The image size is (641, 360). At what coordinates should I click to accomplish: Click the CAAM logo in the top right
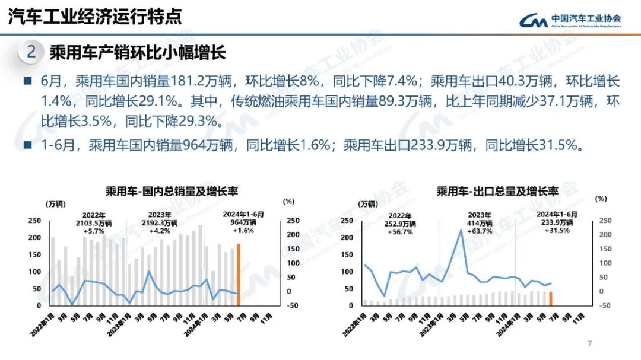570,20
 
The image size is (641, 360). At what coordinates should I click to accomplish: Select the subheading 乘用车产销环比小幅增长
138,53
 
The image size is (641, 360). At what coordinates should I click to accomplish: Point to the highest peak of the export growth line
461,230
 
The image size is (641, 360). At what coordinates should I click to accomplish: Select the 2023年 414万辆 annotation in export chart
479,223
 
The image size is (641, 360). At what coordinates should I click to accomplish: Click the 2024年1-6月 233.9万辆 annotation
556,222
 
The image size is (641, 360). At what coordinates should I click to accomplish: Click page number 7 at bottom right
589,343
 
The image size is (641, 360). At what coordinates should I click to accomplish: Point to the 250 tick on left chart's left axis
35,221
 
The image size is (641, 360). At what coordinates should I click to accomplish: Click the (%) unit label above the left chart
290,202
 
